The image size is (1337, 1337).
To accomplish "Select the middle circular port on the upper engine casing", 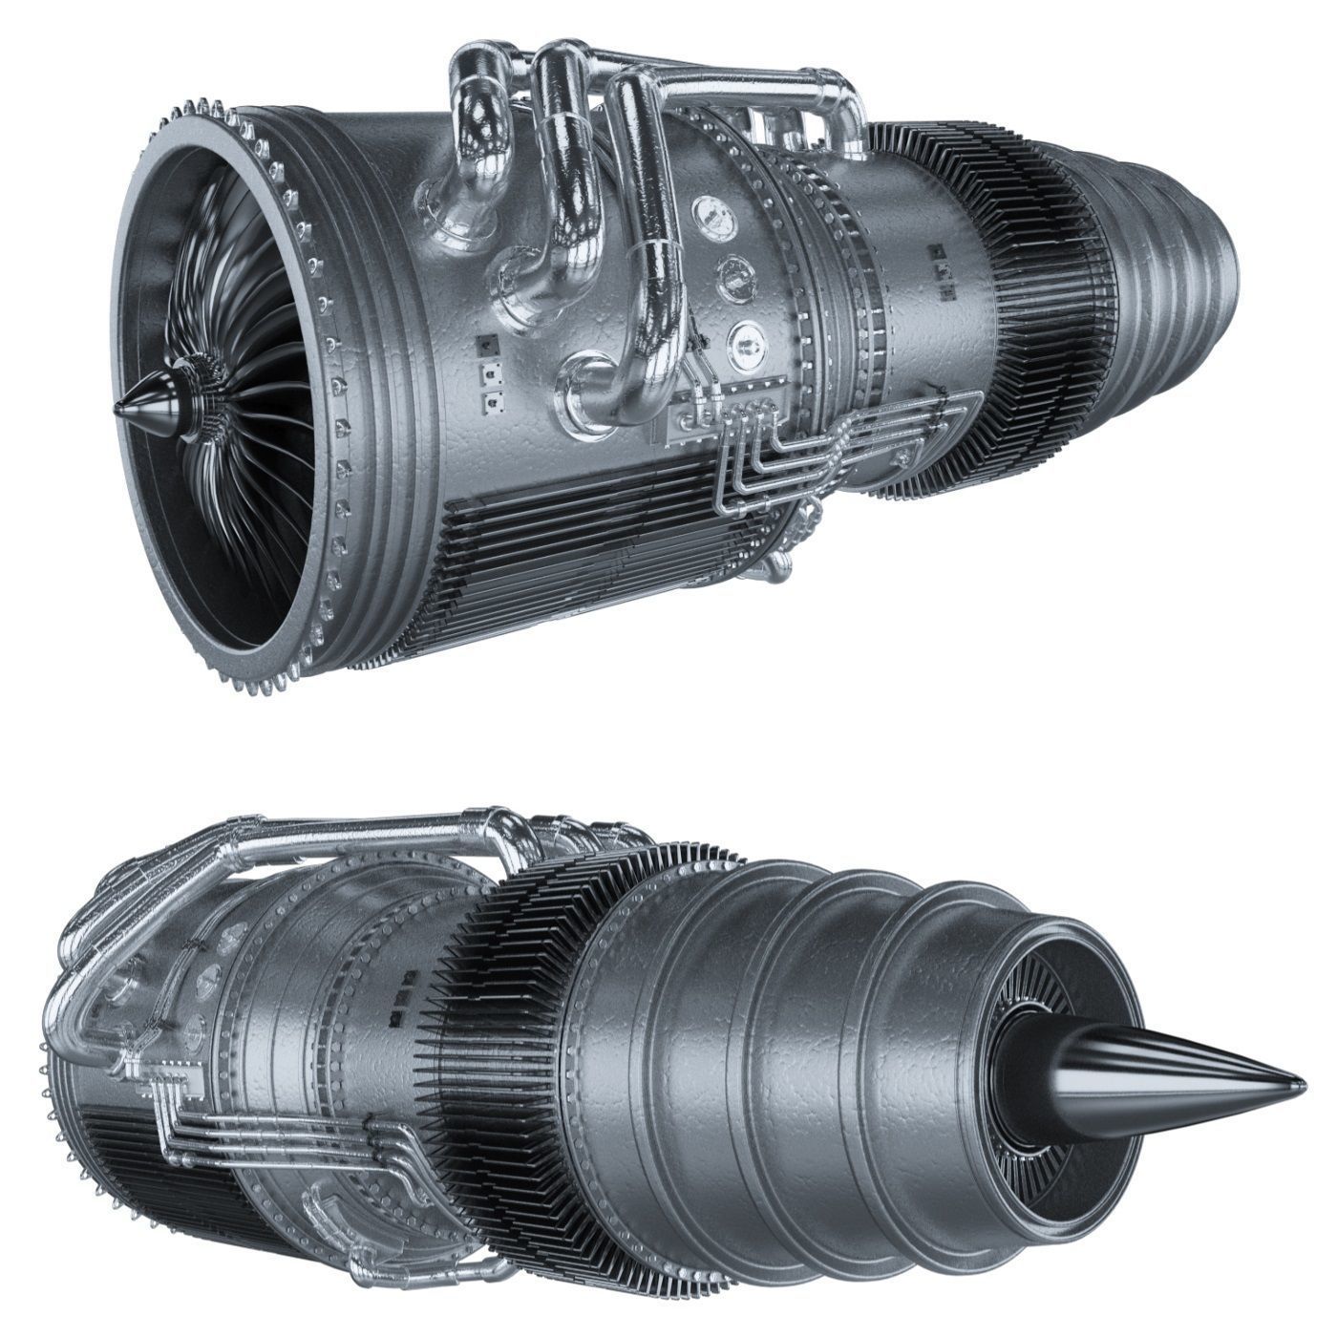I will point(734,274).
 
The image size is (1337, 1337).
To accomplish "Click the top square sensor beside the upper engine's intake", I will point(486,342).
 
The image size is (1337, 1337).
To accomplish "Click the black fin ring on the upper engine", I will point(1003,315).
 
